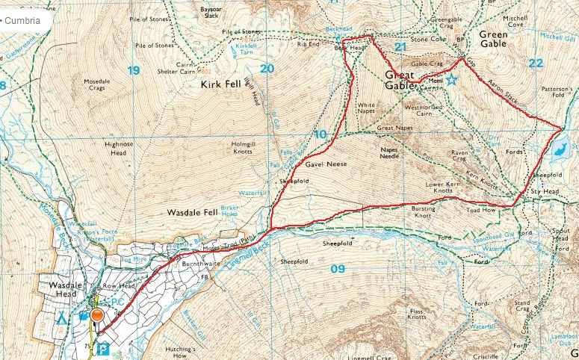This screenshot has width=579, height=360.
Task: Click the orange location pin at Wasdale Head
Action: point(97,315)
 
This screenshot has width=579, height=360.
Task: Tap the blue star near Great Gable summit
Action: point(451,81)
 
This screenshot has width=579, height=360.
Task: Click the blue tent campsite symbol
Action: point(62,317)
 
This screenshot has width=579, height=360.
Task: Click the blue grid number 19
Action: point(134,70)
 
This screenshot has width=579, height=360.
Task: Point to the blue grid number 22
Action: point(535,63)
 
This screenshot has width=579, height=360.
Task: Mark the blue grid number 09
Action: point(337,268)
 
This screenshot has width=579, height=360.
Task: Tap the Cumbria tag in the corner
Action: point(25,20)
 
